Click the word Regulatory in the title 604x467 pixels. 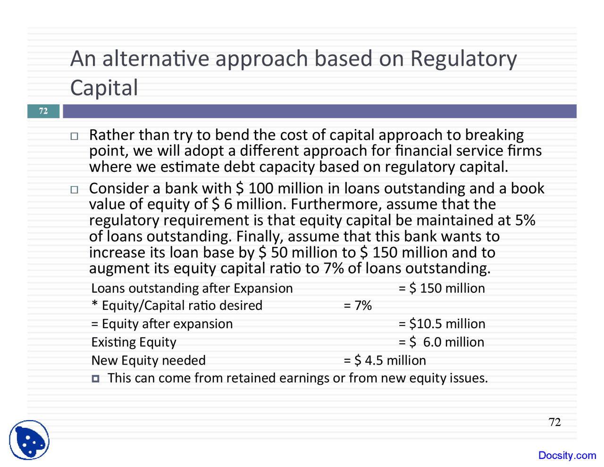[463, 59]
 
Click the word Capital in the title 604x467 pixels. [104, 88]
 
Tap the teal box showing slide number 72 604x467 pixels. [43, 111]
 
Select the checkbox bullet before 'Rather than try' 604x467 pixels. [74, 136]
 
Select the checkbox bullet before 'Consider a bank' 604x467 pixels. [74, 190]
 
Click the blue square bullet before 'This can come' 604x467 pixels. [95, 379]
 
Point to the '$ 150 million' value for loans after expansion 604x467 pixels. [447, 288]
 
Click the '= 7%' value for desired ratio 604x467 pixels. [358, 306]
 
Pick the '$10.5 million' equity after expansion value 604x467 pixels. [447, 324]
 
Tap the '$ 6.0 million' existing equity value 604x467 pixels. [447, 342]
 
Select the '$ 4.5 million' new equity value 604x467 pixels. [390, 360]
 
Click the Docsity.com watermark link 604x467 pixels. [567, 455]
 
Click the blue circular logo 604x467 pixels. [29, 440]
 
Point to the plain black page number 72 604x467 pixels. [554, 422]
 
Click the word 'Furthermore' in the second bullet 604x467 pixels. [336, 204]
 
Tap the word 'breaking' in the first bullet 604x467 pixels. [495, 136]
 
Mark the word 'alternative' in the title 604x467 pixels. [156, 59]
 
